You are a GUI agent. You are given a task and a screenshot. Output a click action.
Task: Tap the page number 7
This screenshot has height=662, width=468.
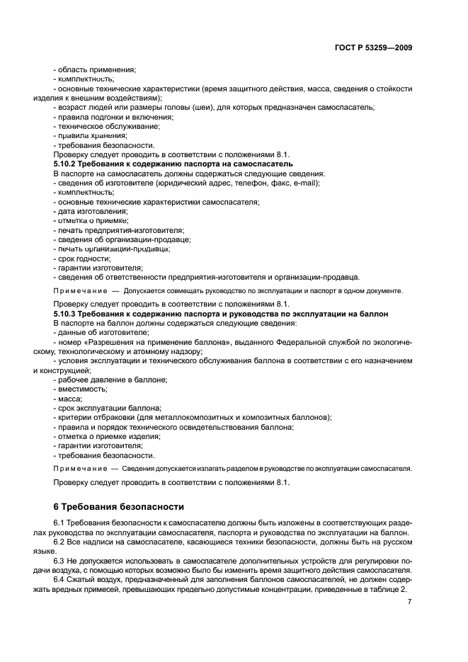[410, 601]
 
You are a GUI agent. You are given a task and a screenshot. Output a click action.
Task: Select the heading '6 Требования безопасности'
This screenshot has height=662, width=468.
[118, 507]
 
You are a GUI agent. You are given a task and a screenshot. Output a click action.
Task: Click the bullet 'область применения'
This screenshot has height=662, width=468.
[96, 69]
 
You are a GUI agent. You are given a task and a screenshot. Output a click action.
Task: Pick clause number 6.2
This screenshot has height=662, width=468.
[60, 541]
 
